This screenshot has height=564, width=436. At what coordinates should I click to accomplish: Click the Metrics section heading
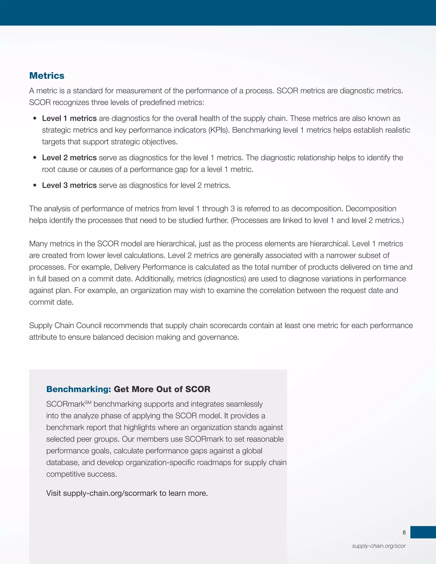pyautogui.click(x=47, y=76)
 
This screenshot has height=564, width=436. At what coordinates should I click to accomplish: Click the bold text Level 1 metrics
pyautogui.click(x=69, y=118)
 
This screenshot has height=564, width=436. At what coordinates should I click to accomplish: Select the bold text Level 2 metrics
pyautogui.click(x=69, y=157)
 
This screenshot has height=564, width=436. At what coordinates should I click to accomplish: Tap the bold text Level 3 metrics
pyautogui.click(x=69, y=185)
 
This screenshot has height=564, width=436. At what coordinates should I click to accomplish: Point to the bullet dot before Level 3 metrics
pyautogui.click(x=35, y=185)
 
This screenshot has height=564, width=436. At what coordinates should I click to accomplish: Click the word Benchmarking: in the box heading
pyautogui.click(x=79, y=389)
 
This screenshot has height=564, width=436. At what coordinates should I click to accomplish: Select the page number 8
pyautogui.click(x=404, y=533)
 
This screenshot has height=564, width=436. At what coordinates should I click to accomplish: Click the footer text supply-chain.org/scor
pyautogui.click(x=379, y=546)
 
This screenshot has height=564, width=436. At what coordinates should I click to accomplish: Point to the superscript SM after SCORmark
pyautogui.click(x=88, y=402)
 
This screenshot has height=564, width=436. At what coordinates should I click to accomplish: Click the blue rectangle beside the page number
pyautogui.click(x=423, y=532)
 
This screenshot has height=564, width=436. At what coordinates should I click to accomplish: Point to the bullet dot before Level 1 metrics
pyautogui.click(x=35, y=118)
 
